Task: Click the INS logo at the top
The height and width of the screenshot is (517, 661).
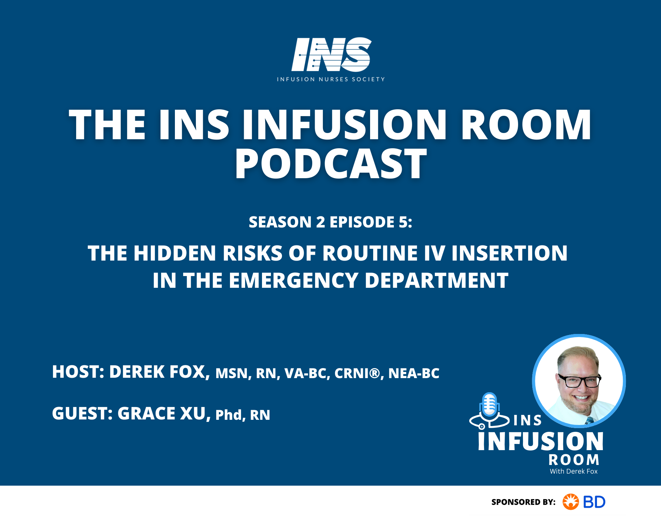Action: tap(331, 54)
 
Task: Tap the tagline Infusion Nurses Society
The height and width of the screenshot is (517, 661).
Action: tap(331, 79)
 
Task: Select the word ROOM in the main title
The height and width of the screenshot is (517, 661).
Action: tap(526, 125)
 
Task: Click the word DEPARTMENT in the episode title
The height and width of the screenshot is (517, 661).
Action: tap(436, 281)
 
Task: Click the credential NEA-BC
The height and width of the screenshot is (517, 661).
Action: tap(414, 373)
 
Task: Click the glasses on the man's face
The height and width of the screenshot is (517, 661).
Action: tap(580, 381)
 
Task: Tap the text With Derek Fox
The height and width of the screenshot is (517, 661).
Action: tap(574, 471)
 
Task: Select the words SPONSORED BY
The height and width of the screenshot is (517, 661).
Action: tap(523, 502)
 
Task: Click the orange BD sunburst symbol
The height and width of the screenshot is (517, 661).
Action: tap(570, 502)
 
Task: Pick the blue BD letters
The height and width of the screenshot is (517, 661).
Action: tap(594, 502)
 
